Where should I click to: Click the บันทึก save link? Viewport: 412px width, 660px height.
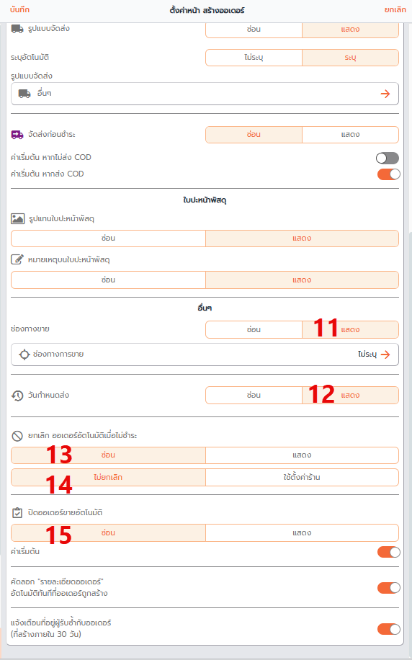(19, 9)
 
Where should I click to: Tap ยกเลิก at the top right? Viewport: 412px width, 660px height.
(395, 9)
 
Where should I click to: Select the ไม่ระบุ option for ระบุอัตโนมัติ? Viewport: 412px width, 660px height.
(254, 58)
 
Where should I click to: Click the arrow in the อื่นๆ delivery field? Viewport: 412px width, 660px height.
(385, 94)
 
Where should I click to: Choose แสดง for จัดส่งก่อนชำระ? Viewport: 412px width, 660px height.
(350, 135)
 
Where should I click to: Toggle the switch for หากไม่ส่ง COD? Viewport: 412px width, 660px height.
(388, 158)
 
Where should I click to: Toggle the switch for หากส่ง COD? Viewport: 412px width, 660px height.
(388, 174)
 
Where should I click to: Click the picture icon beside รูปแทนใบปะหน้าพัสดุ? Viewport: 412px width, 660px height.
(18, 218)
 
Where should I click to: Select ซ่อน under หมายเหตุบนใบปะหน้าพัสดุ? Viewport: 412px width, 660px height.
(108, 280)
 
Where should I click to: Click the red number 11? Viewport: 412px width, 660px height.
(326, 328)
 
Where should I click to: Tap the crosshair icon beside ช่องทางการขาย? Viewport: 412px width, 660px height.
(24, 354)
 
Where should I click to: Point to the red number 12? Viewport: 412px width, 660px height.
(321, 394)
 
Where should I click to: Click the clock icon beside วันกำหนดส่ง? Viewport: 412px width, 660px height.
(17, 396)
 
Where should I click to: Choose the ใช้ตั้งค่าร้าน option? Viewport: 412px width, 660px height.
(302, 477)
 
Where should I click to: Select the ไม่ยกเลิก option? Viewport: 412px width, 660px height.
(108, 477)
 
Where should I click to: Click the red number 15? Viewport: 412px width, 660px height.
(58, 535)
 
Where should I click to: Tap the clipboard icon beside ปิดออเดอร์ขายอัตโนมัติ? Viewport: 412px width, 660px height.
(17, 513)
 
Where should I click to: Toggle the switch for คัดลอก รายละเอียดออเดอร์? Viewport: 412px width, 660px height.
(388, 588)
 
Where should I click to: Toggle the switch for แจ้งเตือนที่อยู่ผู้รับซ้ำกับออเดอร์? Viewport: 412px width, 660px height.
(388, 629)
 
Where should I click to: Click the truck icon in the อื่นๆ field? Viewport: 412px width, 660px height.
(24, 94)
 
